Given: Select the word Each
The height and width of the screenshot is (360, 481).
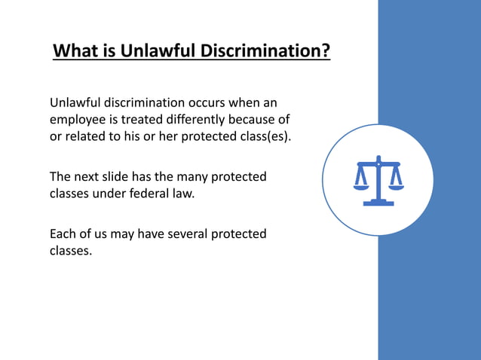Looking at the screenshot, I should tap(64, 234).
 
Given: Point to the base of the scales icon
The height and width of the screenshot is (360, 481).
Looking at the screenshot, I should tap(378, 202).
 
